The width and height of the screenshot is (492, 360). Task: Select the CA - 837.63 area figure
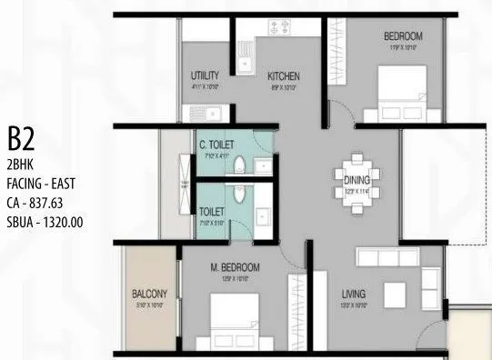(x=39, y=202)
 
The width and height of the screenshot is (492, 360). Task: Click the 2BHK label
(x=20, y=165)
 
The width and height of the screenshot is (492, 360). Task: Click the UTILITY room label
(x=206, y=75)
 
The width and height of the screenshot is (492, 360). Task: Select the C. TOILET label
(x=217, y=144)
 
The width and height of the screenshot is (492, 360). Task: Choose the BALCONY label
(x=149, y=294)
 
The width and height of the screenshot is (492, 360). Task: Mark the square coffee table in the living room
(x=394, y=295)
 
